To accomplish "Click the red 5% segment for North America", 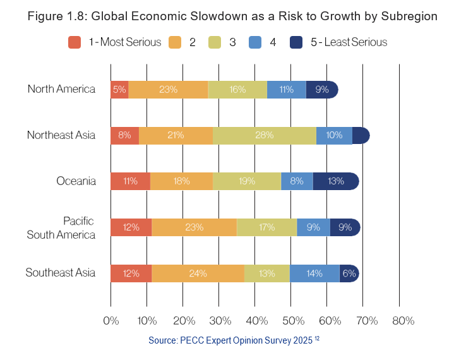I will pos(119,90).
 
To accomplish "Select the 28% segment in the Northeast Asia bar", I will pos(265,135).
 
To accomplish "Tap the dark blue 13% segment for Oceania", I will pos(336,181).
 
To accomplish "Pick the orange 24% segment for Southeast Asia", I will pos(198,273).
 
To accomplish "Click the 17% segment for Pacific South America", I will pos(266,227).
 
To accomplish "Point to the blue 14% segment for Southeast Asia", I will pos(314,273).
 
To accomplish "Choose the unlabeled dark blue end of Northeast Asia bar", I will pos(361,135).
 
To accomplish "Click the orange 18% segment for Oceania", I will pos(182,181).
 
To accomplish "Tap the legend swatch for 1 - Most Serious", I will pos(75,42).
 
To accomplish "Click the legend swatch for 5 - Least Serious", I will pos(296,42).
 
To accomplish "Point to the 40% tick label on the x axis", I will pos(255,321).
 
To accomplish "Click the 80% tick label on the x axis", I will pos(403,321).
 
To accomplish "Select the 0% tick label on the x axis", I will pos(111,321).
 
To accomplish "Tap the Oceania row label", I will pos(76,181).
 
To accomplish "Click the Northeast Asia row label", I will pos(61,135).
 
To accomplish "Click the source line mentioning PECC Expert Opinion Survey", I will pos(234,340).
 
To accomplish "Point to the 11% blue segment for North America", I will pos(286,90).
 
